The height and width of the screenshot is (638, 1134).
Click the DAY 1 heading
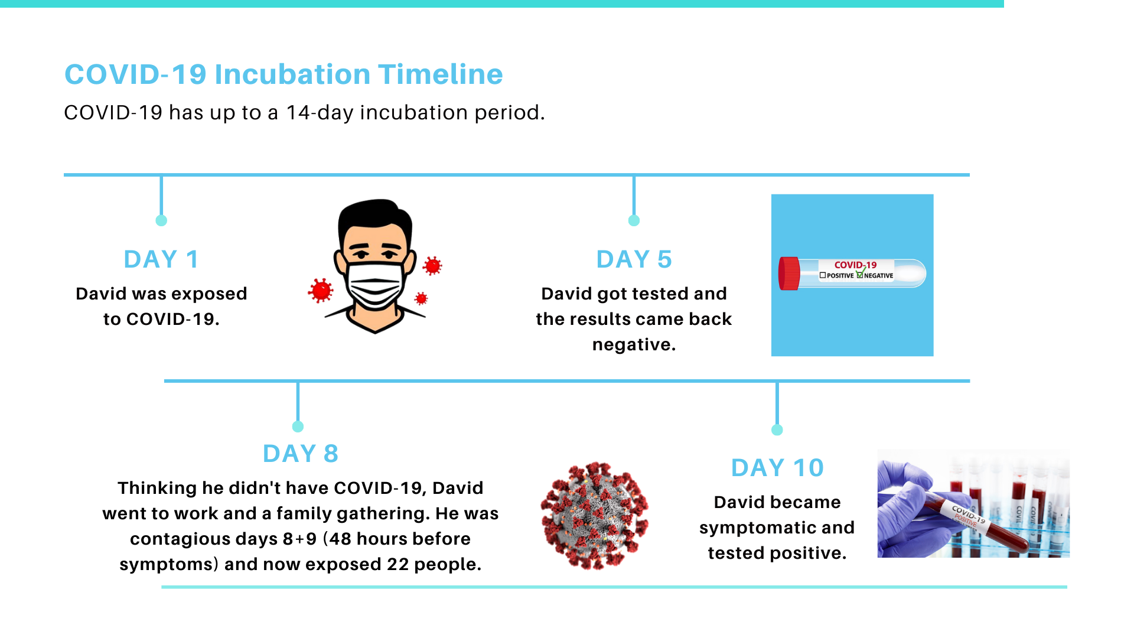click(161, 259)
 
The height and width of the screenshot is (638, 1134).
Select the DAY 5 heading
click(634, 259)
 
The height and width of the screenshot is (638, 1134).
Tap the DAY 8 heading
click(300, 454)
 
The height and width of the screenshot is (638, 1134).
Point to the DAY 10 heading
click(777, 468)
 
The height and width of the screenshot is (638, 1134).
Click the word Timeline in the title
click(441, 74)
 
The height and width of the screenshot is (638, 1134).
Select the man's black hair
click(375, 216)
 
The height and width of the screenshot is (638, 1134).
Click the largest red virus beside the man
click(321, 291)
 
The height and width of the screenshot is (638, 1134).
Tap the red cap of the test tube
click(789, 274)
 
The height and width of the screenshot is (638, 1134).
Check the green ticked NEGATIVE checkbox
click(861, 274)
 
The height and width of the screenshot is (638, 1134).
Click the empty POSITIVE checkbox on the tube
click(823, 275)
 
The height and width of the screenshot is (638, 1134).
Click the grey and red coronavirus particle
click(594, 516)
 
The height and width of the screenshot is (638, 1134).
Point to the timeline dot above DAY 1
click(161, 220)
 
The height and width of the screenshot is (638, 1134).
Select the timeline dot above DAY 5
click(634, 220)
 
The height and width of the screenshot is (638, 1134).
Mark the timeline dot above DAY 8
click(298, 427)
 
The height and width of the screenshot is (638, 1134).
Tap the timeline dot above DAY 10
click(777, 430)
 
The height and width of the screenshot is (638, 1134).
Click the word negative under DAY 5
click(634, 344)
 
